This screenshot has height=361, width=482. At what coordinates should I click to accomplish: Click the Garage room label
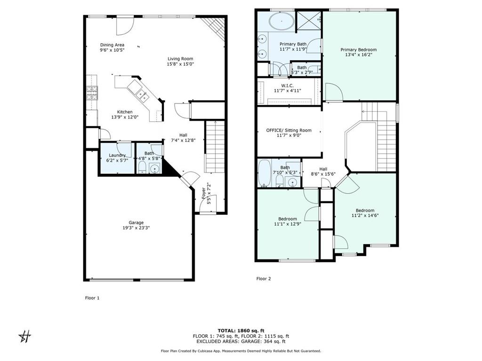136,222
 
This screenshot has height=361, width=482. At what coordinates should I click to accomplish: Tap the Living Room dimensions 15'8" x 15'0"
180,64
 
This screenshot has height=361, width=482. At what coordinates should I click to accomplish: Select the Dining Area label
112,45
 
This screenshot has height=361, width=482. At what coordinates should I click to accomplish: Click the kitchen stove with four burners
92,93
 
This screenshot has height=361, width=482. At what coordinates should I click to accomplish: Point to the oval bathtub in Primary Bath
281,21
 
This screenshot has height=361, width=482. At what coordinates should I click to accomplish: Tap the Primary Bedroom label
358,50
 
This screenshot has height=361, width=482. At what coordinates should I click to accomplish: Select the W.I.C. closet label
288,86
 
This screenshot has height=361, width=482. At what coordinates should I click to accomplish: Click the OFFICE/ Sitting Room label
289,130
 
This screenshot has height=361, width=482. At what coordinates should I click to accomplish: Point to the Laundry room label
117,155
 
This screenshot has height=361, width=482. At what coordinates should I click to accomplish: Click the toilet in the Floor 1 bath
142,168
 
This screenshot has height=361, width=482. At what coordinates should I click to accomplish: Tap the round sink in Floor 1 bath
154,169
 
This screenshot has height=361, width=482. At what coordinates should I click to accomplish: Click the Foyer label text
203,193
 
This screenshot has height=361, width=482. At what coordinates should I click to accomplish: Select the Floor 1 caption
92,298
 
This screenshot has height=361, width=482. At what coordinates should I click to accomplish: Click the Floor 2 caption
264,279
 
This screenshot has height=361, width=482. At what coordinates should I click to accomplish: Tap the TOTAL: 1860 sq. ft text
241,330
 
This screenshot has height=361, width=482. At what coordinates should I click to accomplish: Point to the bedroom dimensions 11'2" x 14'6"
365,215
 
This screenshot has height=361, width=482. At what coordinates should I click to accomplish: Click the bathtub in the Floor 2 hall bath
264,173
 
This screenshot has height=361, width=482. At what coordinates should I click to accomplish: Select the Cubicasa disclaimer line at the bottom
241,351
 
